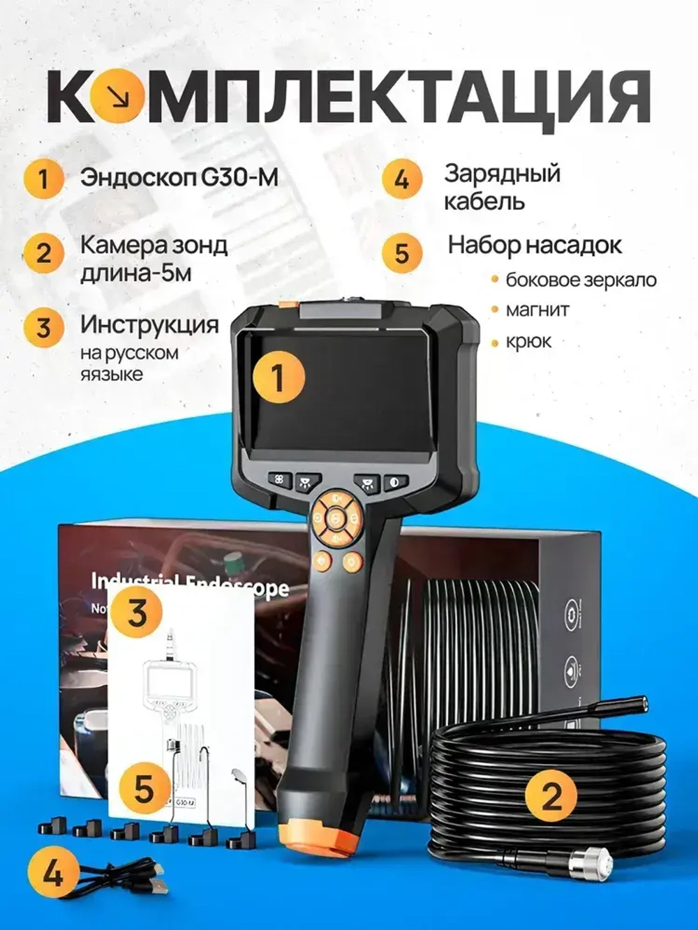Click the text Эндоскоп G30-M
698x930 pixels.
click(179, 177)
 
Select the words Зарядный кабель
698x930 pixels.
click(503, 187)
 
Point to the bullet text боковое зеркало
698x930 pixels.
click(581, 280)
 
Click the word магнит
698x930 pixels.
click(537, 309)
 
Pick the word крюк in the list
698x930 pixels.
click(528, 341)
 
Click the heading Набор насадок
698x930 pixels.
click(535, 245)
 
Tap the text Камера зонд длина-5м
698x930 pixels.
click(154, 258)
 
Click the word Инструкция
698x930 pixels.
click(149, 324)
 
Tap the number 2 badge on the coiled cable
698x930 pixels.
click(551, 795)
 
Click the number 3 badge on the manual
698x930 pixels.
click(136, 612)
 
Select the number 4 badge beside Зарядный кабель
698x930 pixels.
click(401, 179)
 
